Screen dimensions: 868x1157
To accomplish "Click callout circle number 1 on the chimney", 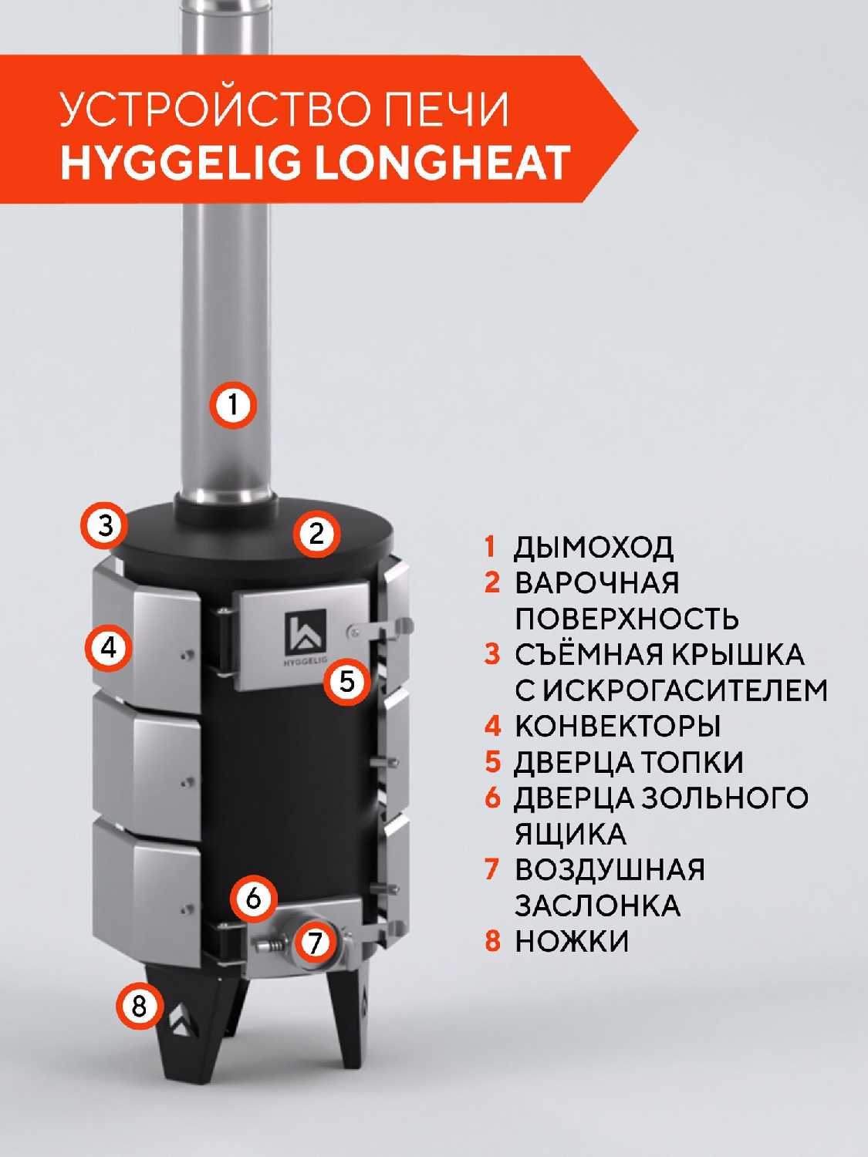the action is pos(234,405).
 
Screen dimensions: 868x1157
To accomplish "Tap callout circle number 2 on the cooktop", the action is pos(316,534).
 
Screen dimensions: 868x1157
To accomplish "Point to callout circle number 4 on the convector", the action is pos(109,647).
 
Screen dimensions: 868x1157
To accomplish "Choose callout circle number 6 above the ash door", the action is pos(254,897).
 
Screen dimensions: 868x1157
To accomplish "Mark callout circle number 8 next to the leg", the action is pos(139,1006).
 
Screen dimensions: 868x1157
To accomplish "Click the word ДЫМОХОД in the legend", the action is pos(593,548).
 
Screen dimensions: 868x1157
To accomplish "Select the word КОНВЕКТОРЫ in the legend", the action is pos(618,726).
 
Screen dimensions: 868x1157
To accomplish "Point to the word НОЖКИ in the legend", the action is pos(572,941).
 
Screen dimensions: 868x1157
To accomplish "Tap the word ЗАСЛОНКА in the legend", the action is pos(598,905).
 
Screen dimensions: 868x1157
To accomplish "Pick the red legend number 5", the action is pos(492,761).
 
